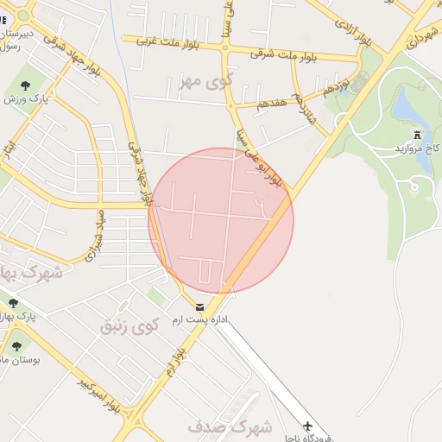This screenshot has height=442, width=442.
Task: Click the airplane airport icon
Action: [308, 426]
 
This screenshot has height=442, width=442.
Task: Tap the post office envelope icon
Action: [200, 307]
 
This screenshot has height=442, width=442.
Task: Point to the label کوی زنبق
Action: [129, 327]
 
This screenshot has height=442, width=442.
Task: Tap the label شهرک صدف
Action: [229, 426]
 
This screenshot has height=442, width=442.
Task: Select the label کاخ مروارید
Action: [418, 148]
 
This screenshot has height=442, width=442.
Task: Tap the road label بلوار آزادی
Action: [355, 30]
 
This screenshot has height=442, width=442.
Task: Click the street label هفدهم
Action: [270, 103]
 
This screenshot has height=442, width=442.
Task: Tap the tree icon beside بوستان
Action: [16, 347]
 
